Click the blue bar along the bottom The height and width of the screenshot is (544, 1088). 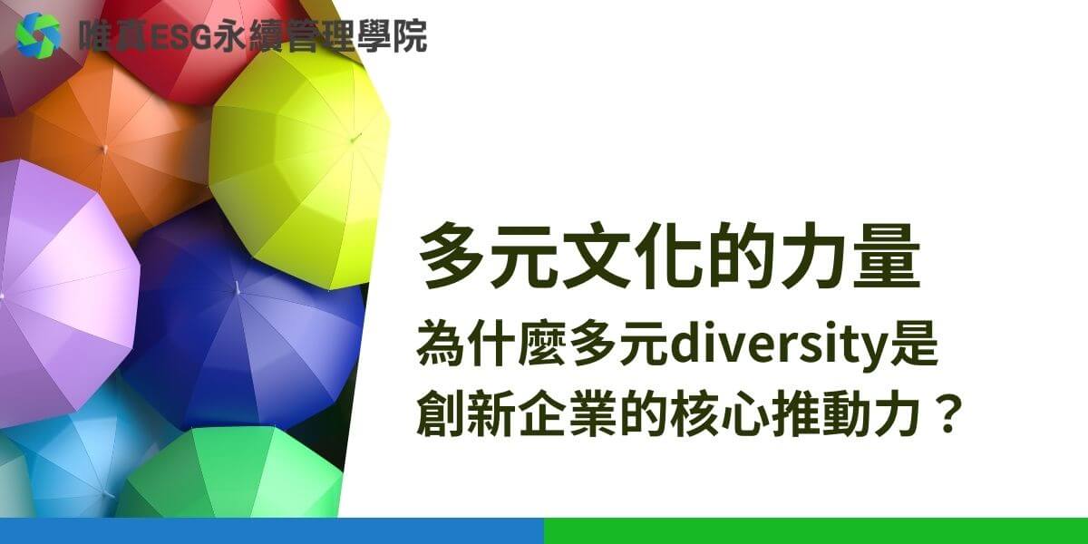coord(272,531)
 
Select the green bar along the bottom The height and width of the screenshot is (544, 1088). coord(816,531)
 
